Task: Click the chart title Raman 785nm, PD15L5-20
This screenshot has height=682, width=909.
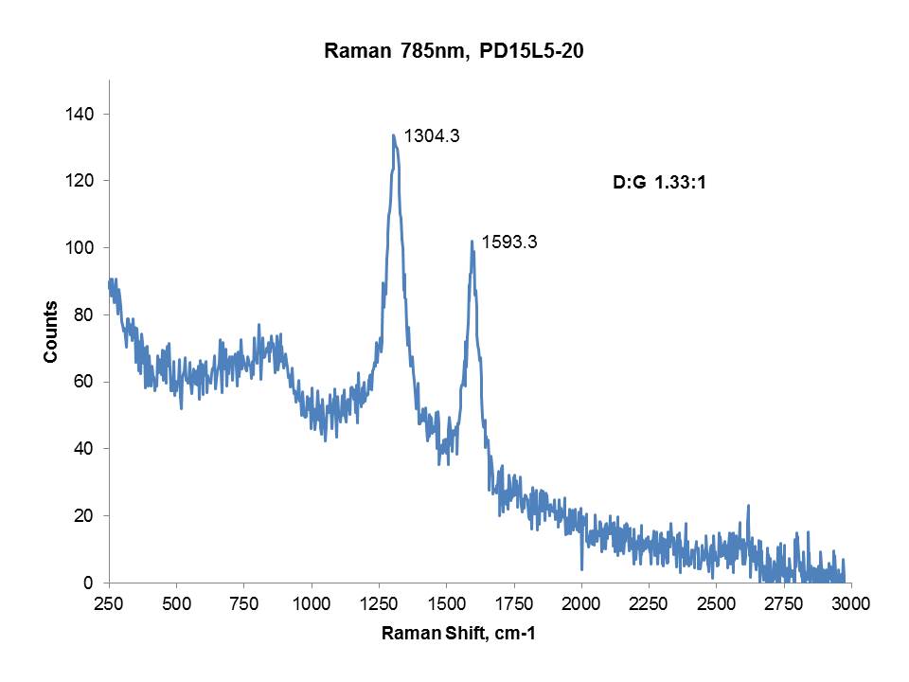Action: tap(454, 53)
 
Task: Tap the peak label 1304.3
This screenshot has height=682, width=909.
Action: tap(432, 136)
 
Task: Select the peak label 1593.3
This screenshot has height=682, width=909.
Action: tap(509, 242)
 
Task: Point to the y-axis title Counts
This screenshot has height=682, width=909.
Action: tap(50, 332)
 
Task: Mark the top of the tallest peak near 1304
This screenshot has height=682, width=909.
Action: tap(393, 135)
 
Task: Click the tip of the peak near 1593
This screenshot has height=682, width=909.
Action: tap(472, 241)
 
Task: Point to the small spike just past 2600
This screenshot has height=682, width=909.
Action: tap(748, 506)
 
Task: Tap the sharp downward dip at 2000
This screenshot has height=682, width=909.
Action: tap(581, 569)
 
